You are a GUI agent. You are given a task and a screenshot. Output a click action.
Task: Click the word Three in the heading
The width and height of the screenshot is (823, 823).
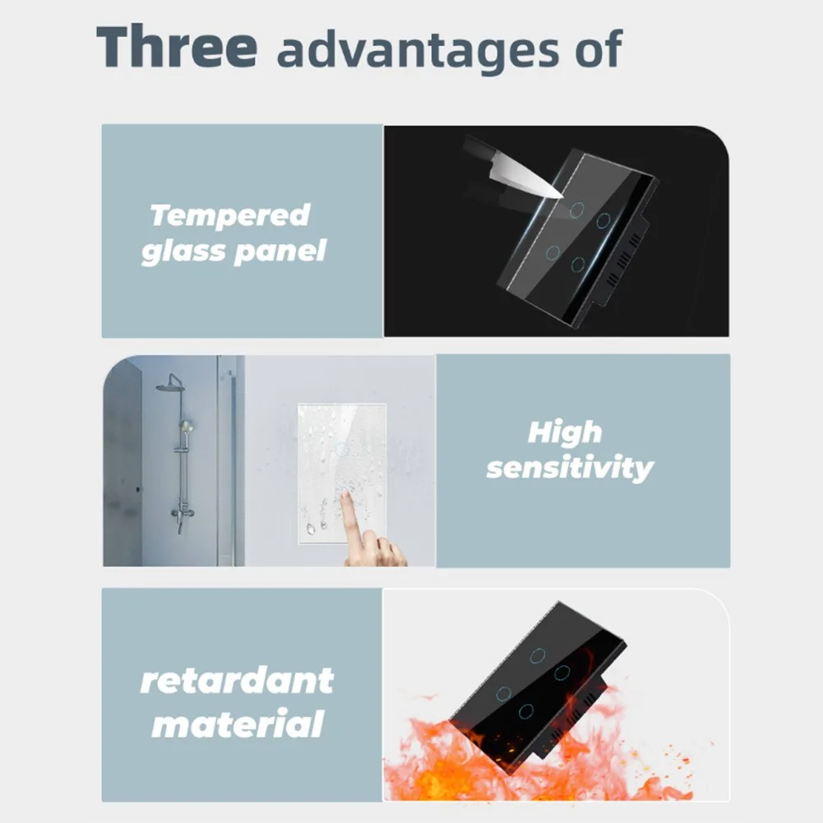(x=177, y=46)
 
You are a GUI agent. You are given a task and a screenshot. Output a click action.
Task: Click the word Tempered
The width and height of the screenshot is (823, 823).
(x=230, y=215)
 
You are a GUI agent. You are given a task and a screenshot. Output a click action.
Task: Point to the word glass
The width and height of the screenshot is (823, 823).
(x=183, y=251)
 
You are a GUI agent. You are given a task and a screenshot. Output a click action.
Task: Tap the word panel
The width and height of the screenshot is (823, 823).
(x=280, y=251)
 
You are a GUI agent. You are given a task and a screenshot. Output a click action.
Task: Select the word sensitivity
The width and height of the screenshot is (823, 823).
(x=570, y=467)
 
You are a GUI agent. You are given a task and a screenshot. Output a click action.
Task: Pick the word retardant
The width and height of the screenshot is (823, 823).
(x=237, y=681)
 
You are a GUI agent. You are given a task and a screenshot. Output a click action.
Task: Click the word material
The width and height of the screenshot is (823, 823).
(x=238, y=724)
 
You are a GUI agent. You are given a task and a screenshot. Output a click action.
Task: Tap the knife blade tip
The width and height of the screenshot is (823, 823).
(x=562, y=197)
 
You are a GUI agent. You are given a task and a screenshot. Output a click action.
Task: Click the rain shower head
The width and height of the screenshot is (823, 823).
(x=169, y=386)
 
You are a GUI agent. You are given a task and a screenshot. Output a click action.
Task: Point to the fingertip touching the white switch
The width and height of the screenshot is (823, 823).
(x=344, y=492)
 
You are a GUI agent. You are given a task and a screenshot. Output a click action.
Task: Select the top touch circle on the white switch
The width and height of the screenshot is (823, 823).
(x=342, y=449)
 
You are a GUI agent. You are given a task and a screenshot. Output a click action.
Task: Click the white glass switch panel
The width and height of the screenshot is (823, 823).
(x=342, y=474)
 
